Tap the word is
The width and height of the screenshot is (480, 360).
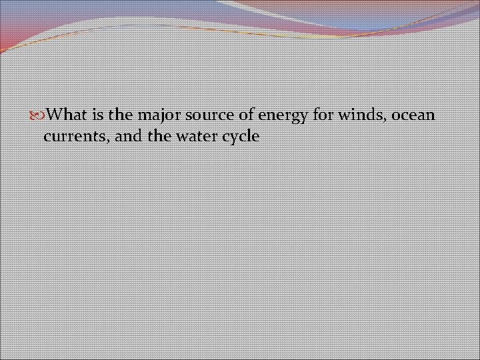click(97, 115)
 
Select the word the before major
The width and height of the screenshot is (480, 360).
click(120, 115)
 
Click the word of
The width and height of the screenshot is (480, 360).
click(245, 115)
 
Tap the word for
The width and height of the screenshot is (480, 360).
click(323, 115)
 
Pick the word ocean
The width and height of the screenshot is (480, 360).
click(413, 115)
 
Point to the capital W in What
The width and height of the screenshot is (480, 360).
click(57, 115)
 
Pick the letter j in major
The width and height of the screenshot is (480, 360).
click(155, 116)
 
